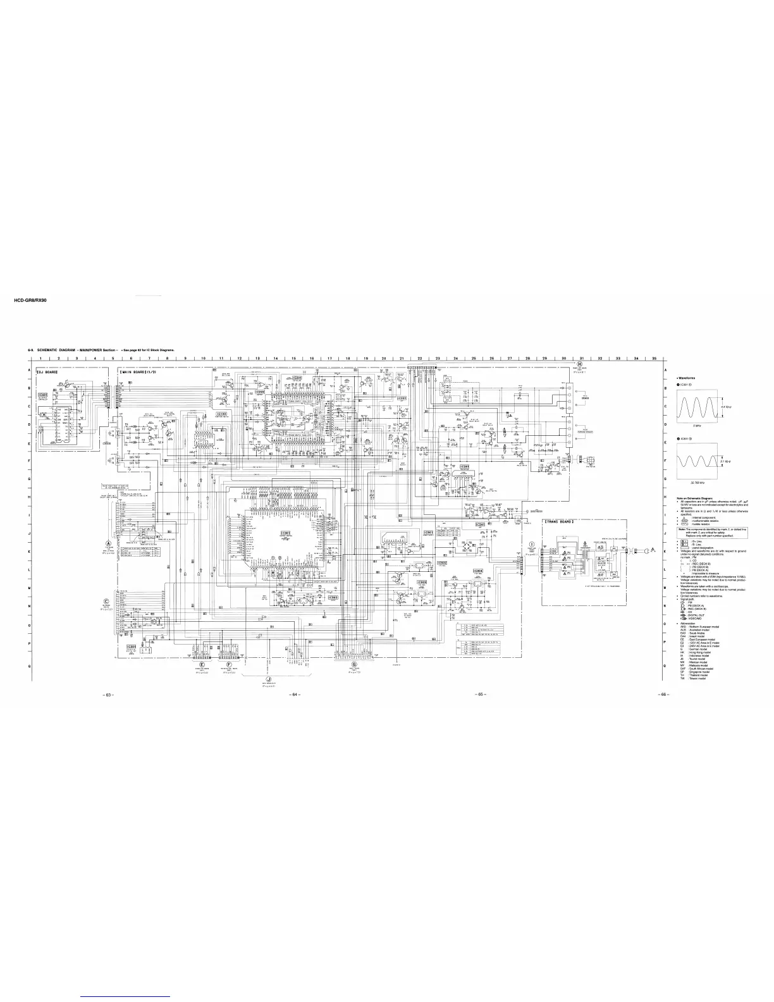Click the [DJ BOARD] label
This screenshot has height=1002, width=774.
pos(48,373)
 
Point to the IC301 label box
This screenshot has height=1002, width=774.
pos(286,533)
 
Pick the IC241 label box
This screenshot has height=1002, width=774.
pos(480,524)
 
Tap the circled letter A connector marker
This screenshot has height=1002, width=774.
pos(108,543)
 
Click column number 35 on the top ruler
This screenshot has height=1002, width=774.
pos(654,359)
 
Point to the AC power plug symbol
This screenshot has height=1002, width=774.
pos(646,552)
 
